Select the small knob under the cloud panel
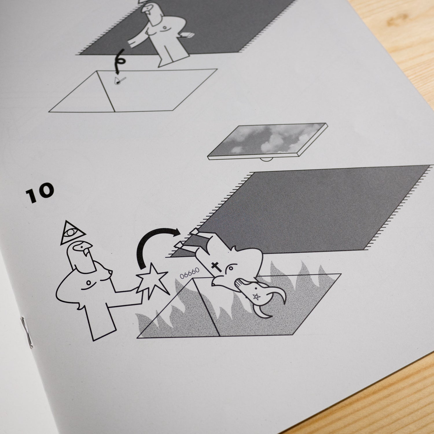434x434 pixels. click(x=267, y=159)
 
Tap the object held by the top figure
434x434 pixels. click(x=186, y=36)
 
